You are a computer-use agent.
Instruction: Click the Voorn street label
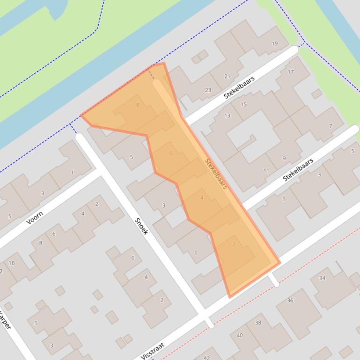pos(35,218)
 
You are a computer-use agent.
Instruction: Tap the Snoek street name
pos(141,226)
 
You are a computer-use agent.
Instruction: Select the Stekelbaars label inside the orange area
pos(216,173)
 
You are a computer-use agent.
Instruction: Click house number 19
pos(274,44)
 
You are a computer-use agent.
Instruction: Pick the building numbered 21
pos(228,76)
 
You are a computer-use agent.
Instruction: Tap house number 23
pos(208,90)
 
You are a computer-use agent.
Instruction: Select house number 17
pos(291,72)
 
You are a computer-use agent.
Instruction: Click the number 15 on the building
pos(243,104)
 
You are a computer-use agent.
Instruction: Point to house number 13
pos(228,115)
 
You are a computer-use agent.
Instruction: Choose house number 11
pos(266,170)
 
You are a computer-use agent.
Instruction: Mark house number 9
pos(284,158)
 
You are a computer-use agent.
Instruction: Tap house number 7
pos(331,126)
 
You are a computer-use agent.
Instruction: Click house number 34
pos(322,278)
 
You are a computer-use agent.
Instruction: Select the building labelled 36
pos(290,300)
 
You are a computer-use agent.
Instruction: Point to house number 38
pos(258,323)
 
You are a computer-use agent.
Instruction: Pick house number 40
pos(240,335)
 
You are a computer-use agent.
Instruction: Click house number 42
pos(207,357)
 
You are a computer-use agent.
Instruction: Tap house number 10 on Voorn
pos(12,263)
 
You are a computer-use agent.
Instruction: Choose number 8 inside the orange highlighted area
pos(138,106)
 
